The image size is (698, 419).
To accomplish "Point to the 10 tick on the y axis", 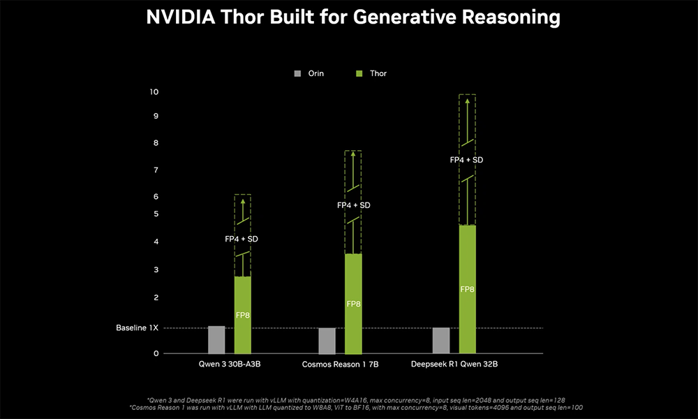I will point(154,92).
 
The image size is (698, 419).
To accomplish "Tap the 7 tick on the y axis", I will point(156,170).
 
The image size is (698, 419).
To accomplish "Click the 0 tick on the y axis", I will point(156,354).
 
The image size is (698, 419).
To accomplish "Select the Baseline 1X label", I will point(137,328).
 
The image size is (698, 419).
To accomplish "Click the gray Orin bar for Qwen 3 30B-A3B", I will point(216,340).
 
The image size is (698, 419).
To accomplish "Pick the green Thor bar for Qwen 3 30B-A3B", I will point(242,316).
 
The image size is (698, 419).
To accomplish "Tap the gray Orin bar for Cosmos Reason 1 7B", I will point(327,341).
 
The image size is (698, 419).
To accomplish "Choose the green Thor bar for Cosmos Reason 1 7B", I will point(353,304).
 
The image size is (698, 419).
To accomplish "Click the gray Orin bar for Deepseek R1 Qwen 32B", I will point(441,341).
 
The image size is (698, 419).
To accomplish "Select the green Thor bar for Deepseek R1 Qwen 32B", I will point(467,289).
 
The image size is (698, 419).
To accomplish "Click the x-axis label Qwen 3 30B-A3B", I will point(230,365).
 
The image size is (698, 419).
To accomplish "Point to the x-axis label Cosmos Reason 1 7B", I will point(341,365).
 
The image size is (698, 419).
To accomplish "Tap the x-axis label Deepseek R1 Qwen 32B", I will point(454,365).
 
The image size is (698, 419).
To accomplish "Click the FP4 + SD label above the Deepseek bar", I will point(467,160).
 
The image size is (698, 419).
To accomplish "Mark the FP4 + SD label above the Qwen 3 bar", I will point(242,239).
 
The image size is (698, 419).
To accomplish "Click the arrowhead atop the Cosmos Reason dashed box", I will point(353,154).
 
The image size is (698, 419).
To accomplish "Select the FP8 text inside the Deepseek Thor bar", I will point(467,289).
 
